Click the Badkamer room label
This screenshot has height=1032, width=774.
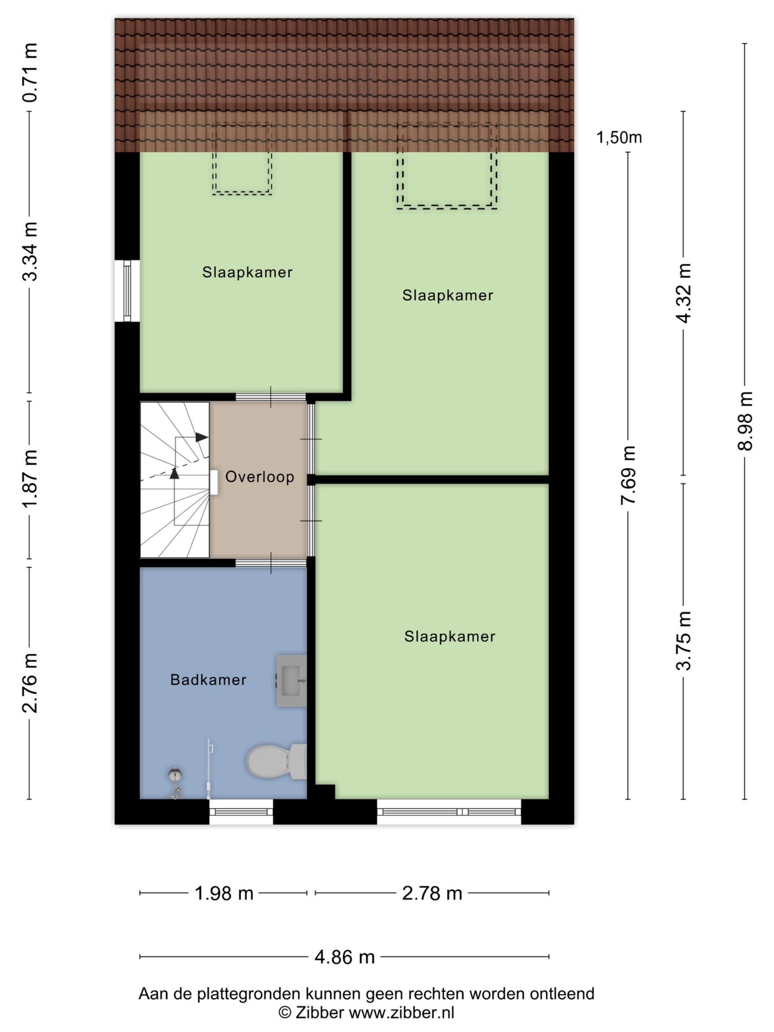208,680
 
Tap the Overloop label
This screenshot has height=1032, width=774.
260,477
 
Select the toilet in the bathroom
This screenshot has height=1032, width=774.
276,762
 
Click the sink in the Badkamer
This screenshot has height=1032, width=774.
291,681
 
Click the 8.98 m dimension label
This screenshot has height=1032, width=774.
745,421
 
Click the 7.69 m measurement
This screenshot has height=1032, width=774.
628,475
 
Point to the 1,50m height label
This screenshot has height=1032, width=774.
619,137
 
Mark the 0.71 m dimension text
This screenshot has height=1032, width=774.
30,72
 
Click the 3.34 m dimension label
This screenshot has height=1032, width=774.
30,252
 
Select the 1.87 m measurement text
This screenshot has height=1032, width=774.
30,479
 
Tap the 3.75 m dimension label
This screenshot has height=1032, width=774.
684,641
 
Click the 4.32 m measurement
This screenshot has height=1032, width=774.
684,293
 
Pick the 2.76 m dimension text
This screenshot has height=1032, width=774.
30,683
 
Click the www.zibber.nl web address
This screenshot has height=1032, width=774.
402,1013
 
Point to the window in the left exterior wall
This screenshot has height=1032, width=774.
127,291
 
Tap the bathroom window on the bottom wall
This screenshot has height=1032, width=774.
241,812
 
